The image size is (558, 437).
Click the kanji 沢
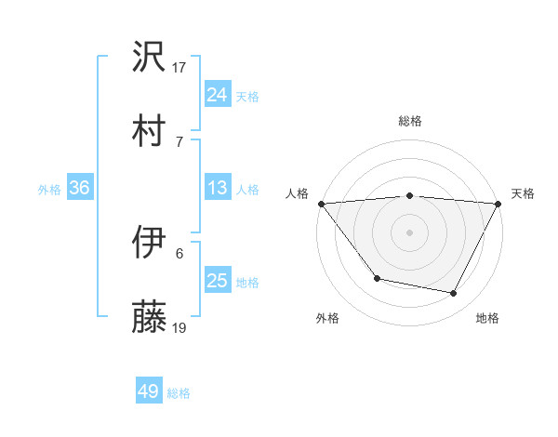[x=150, y=59]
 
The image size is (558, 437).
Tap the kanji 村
[x=150, y=131]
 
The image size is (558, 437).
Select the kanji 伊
[x=150, y=244]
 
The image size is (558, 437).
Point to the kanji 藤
[x=150, y=317]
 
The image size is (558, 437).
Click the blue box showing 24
[x=217, y=95]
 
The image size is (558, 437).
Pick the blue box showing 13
[x=217, y=188]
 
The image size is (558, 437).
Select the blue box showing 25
[x=217, y=281]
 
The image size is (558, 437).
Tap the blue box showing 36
[x=80, y=188]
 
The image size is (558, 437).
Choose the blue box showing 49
[x=149, y=391]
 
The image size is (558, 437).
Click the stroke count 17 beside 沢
[x=179, y=67]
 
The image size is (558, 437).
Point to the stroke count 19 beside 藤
[x=179, y=326]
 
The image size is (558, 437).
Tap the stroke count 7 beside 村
[x=179, y=140]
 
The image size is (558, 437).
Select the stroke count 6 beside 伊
[x=179, y=253]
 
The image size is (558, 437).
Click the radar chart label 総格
[x=410, y=121]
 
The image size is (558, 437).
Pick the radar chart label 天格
[x=523, y=193]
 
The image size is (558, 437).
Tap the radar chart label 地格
[x=487, y=318]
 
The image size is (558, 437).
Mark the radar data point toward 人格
[x=321, y=204]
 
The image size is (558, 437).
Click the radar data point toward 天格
[x=498, y=204]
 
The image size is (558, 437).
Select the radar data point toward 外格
[x=377, y=278]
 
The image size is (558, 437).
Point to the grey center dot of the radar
[x=410, y=232]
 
